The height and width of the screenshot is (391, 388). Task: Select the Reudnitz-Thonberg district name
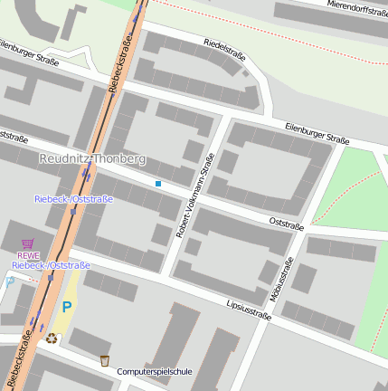tap(92, 158)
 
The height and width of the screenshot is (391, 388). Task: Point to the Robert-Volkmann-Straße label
tap(195, 196)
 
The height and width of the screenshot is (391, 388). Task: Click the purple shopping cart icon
tap(28, 243)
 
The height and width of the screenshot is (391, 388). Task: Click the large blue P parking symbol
tap(67, 308)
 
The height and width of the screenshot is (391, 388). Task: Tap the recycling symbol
tap(52, 338)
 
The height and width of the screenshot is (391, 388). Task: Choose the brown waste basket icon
tap(105, 360)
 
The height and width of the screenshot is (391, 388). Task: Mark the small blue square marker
tap(158, 184)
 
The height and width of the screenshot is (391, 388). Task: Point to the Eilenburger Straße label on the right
tap(317, 133)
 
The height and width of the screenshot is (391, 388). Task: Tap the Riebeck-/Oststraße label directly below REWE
tap(52, 265)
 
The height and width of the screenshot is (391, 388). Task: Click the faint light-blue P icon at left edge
tap(8, 281)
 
